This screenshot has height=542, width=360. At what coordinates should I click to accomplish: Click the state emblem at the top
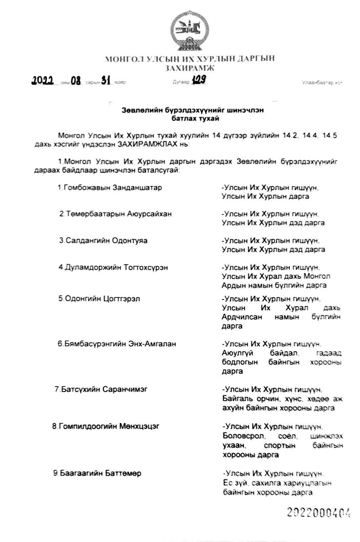pyautogui.click(x=189, y=33)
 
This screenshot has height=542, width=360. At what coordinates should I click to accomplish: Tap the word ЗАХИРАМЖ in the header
pyautogui.click(x=190, y=68)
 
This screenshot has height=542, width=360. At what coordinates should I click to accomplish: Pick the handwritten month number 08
pyautogui.click(x=76, y=81)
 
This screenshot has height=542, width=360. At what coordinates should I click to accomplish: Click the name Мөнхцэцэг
pyautogui.click(x=139, y=426)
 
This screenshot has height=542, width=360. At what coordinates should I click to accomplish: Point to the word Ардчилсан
pyautogui.click(x=242, y=317)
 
